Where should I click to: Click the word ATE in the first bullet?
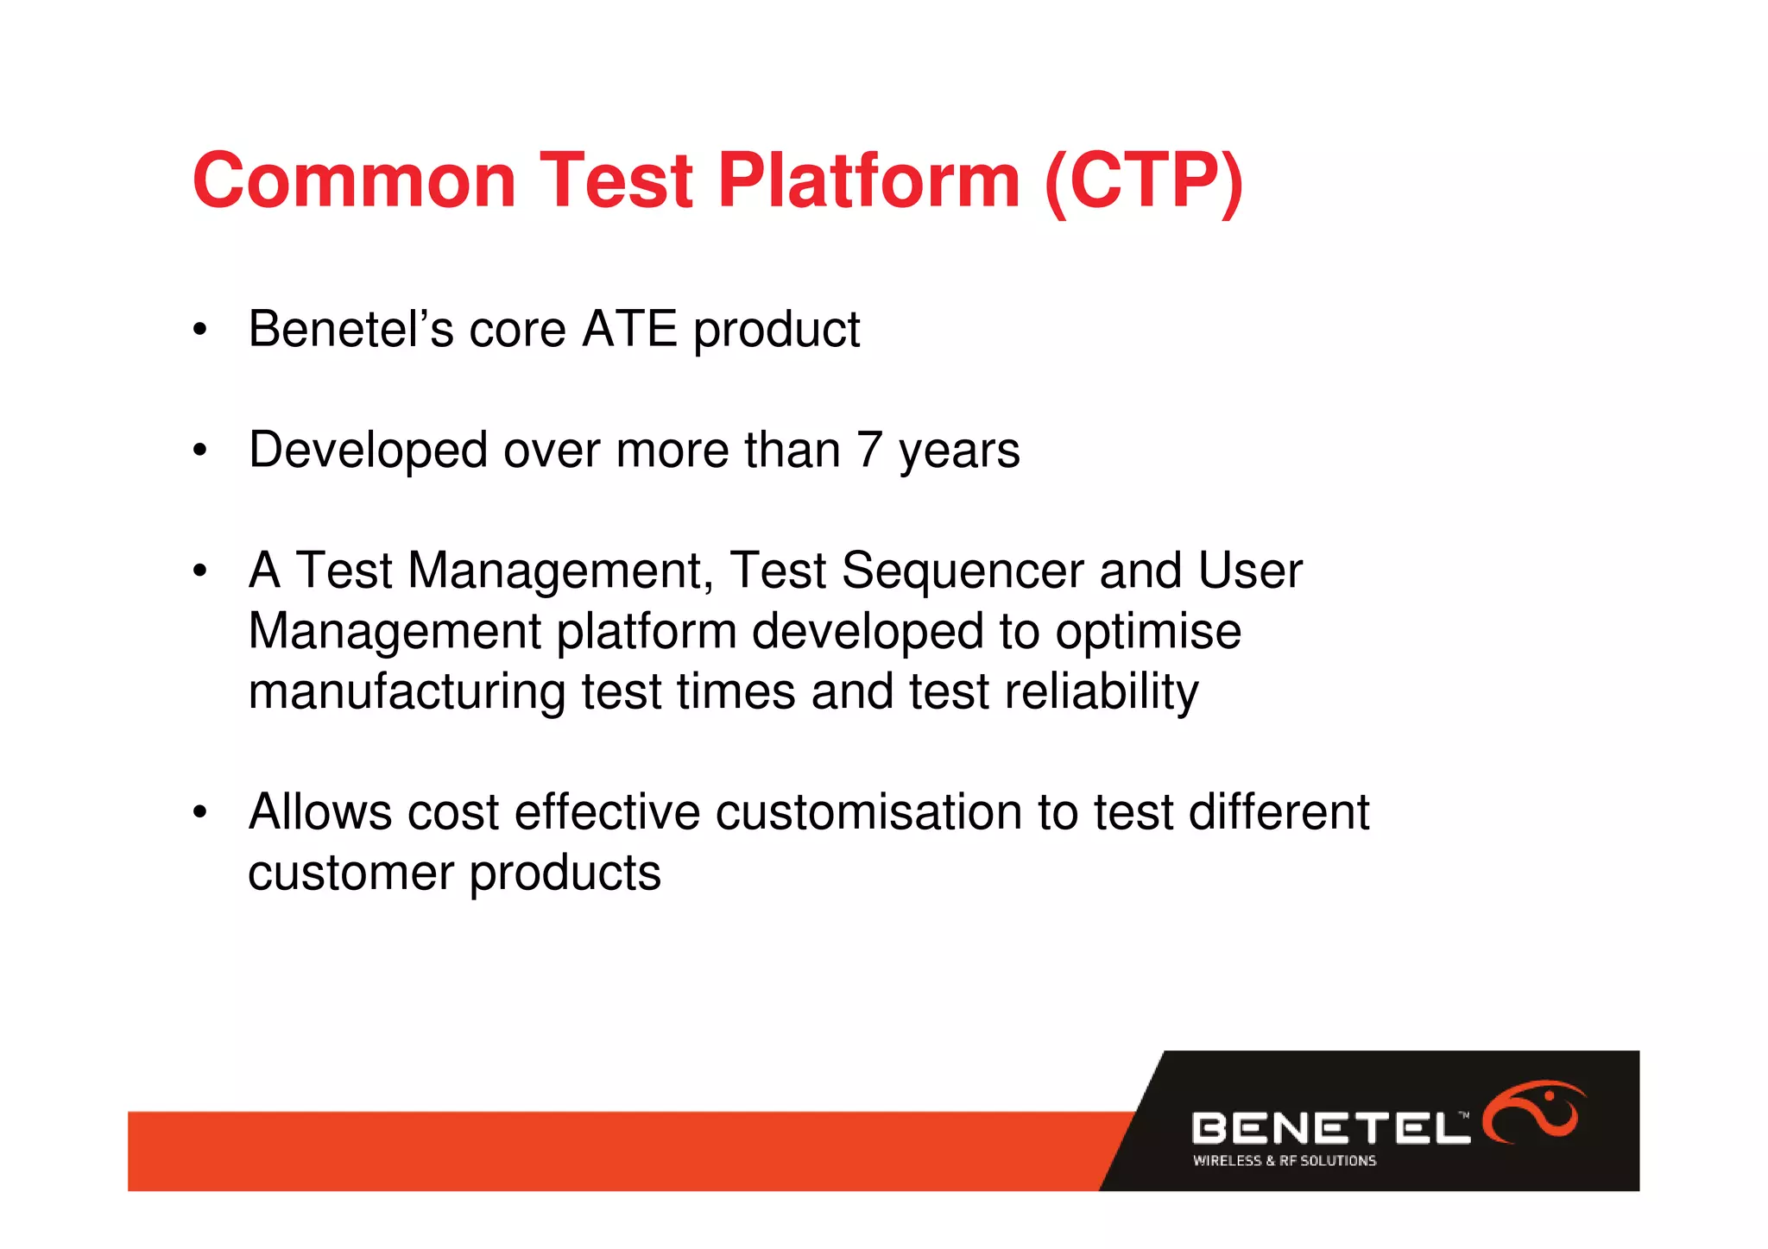tap(630, 329)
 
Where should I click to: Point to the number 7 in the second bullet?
tap(869, 450)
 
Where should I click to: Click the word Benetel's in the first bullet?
tap(350, 329)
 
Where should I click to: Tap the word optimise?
tap(1148, 631)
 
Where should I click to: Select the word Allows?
tap(320, 812)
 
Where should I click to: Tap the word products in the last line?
tap(565, 873)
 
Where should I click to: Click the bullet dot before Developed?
tap(200, 451)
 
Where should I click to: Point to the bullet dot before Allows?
tap(200, 813)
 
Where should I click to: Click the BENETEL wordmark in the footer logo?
tap(1329, 1128)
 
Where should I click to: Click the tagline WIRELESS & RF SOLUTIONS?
tap(1284, 1161)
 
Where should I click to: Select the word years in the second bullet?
tap(959, 451)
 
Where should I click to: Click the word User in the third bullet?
tap(1250, 571)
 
